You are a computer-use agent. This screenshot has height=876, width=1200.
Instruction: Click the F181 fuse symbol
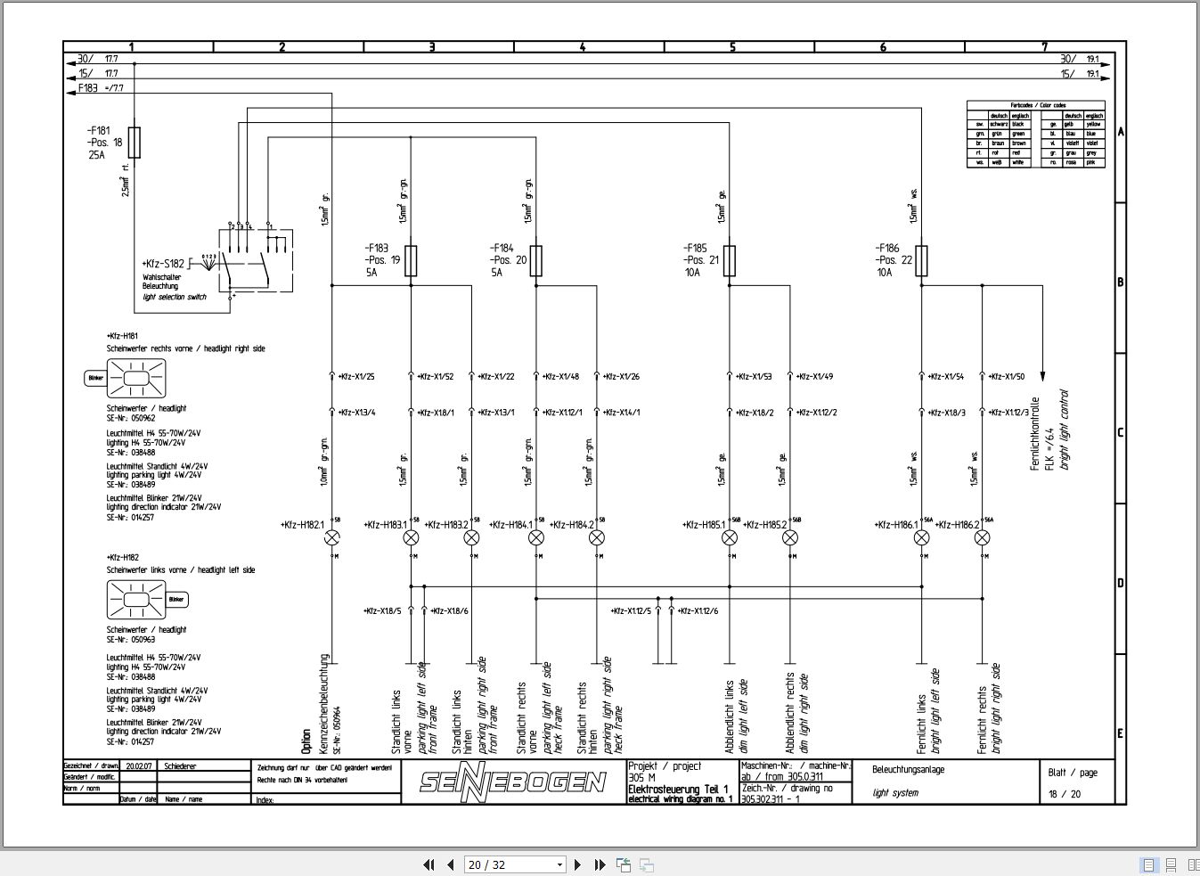pos(135,142)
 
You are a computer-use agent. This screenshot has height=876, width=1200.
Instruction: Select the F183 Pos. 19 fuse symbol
pos(411,260)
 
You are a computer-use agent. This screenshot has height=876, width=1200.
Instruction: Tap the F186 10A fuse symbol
pos(921,260)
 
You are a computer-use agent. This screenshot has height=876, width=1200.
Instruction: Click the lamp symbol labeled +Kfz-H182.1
pos(332,537)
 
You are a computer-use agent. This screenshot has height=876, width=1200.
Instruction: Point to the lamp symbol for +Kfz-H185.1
pos(729,537)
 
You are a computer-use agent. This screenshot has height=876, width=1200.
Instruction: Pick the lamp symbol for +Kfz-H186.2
pos(982,537)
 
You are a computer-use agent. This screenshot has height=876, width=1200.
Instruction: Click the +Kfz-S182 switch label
pos(163,264)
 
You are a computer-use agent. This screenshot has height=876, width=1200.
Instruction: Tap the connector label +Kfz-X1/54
pos(945,377)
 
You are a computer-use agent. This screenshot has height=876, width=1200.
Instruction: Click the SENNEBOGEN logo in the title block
pos(513,782)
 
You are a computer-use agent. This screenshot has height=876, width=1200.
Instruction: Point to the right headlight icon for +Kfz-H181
pos(135,380)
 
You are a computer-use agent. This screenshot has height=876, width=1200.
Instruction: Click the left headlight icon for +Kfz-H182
pos(136,600)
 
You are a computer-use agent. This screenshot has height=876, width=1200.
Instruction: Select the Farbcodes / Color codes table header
pos(1036,105)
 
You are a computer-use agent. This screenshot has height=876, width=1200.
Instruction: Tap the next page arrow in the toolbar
pos(577,864)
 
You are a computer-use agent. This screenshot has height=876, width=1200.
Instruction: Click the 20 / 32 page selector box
pos(515,864)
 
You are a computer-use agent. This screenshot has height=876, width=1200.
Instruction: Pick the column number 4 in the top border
pos(583,47)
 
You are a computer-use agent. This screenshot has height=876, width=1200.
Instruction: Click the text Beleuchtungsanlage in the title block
pos(908,769)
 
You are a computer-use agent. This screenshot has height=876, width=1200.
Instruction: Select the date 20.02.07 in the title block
pos(139,765)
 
